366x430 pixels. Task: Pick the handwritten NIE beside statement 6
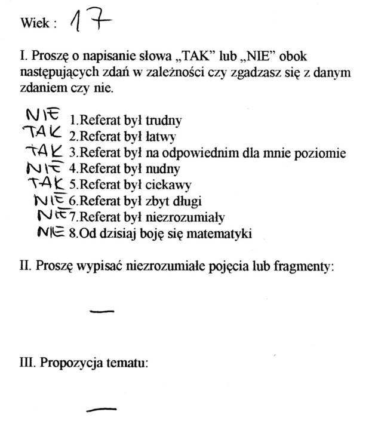(x=51, y=199)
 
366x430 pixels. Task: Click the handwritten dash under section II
(x=102, y=310)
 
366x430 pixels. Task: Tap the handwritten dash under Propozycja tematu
(x=102, y=409)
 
